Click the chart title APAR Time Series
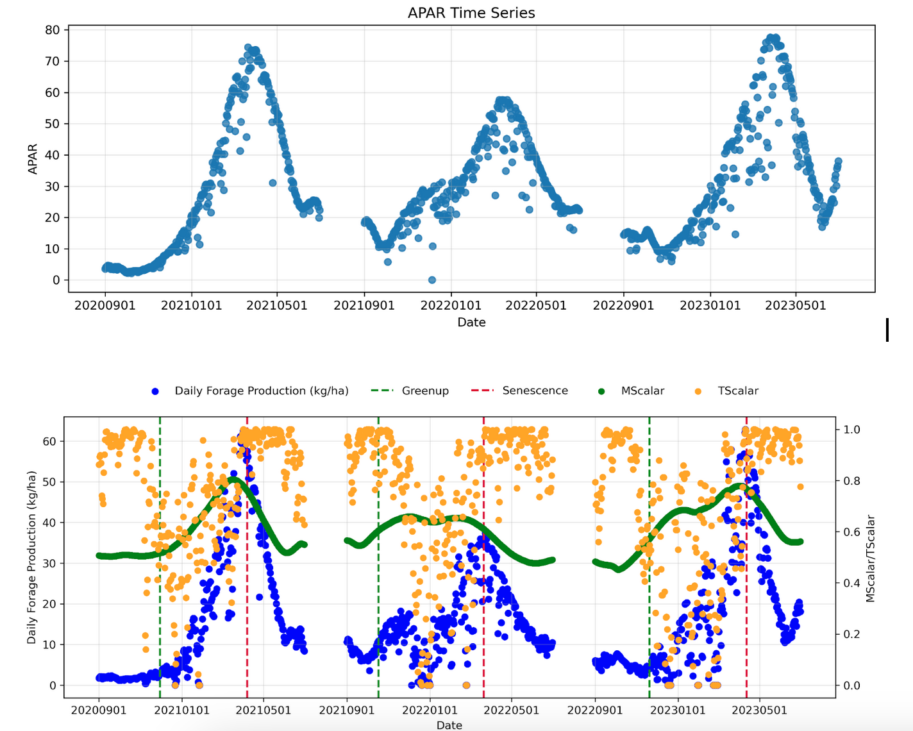click(471, 13)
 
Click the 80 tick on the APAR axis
click(52, 30)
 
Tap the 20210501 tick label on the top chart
click(277, 305)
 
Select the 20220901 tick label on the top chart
click(623, 305)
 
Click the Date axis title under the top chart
click(471, 322)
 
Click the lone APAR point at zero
click(432, 280)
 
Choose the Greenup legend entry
click(425, 391)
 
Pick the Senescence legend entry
click(535, 391)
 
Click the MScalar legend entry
click(642, 391)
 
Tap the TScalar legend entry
click(738, 391)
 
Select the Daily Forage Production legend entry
click(261, 391)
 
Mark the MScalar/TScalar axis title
click(870, 559)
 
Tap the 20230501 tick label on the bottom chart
click(760, 710)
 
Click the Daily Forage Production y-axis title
click(32, 557)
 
